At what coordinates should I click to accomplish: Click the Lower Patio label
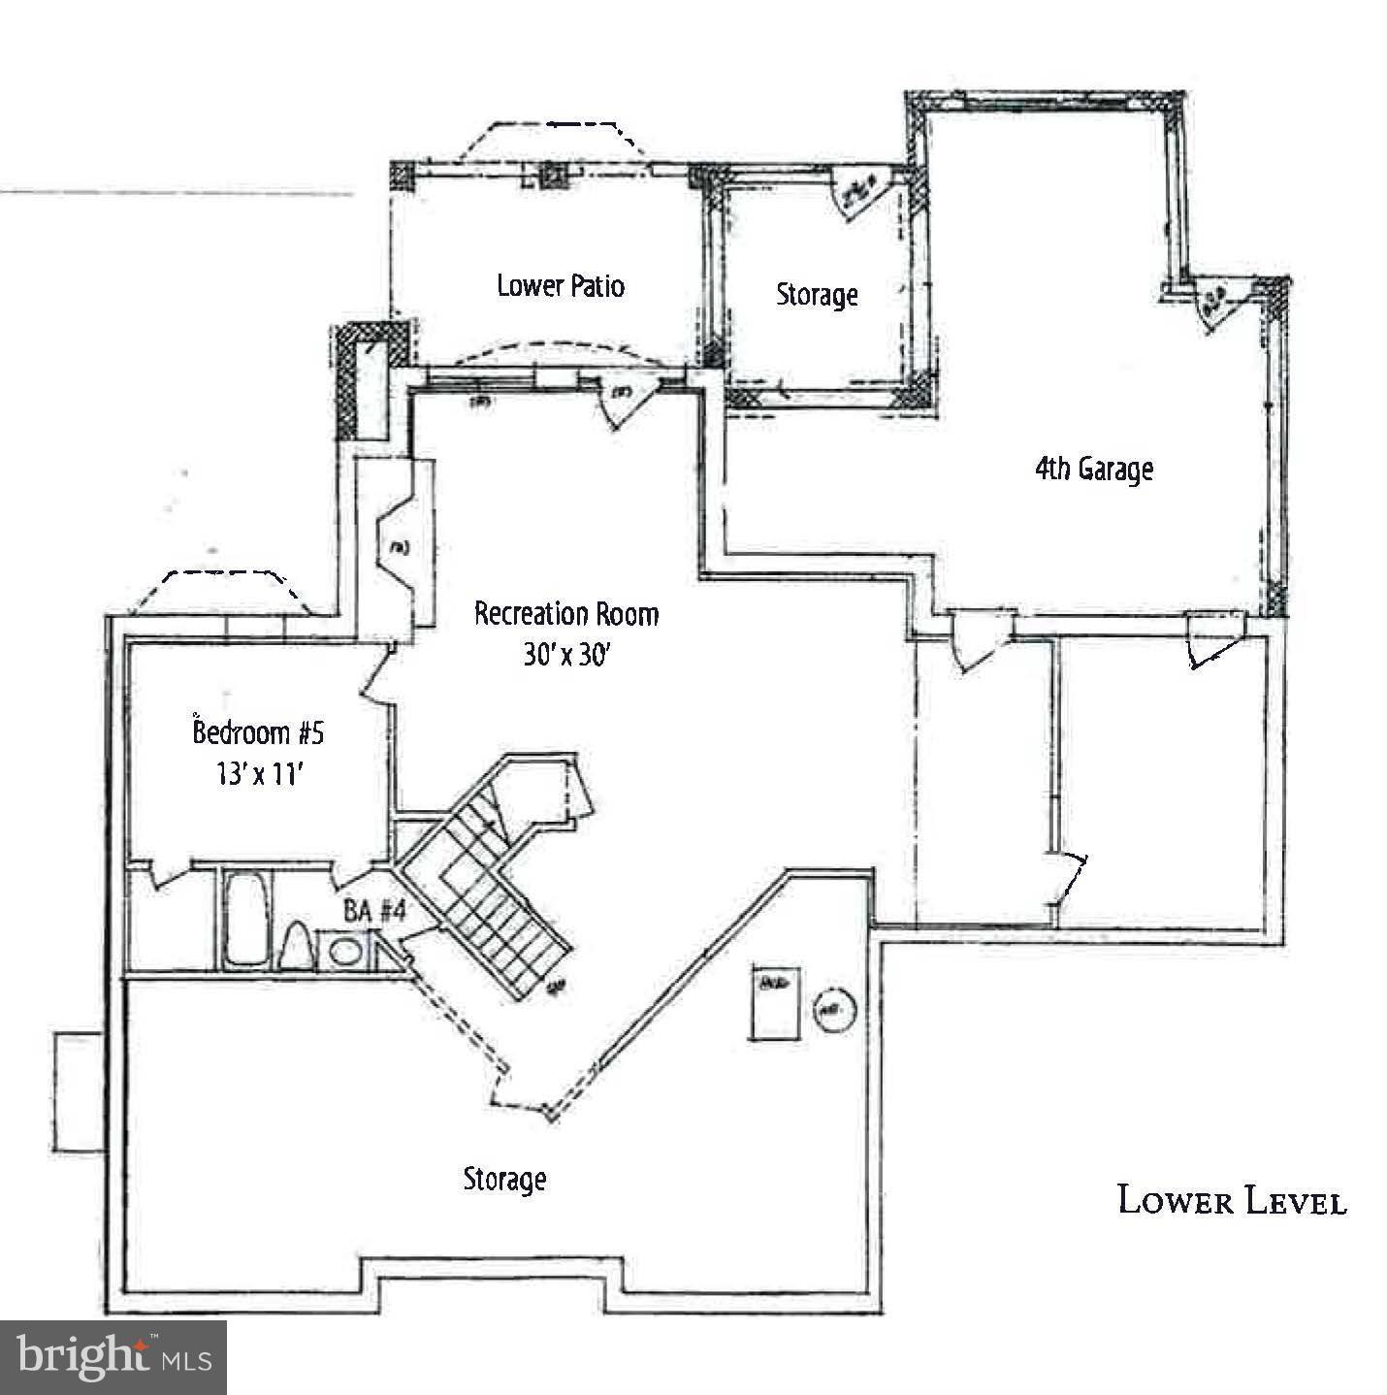(561, 285)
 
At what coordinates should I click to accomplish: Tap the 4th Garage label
(1093, 470)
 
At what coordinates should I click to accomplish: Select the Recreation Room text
(566, 614)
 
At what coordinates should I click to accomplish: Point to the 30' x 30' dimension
(566, 655)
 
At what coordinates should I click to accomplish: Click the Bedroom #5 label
(258, 732)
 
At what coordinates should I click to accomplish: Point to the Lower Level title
(1232, 1201)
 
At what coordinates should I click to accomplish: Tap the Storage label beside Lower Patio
(817, 294)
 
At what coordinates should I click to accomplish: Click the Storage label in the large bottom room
(504, 1180)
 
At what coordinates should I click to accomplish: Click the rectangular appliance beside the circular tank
(773, 1002)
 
